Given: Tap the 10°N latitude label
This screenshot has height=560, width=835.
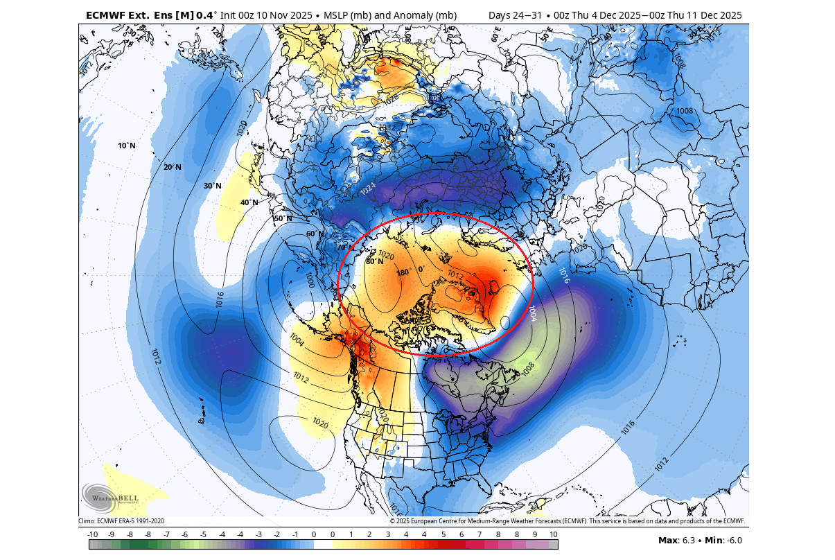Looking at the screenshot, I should click(127, 146).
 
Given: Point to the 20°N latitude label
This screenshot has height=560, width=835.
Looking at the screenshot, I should click(172, 167).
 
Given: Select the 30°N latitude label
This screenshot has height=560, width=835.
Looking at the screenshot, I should click(213, 186).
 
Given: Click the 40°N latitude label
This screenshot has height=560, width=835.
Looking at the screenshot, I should click(249, 202).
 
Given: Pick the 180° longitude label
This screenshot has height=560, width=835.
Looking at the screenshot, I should click(403, 272).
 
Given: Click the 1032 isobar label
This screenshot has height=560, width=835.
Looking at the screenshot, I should click(387, 128).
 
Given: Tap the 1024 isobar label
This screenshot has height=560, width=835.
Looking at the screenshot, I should click(367, 188).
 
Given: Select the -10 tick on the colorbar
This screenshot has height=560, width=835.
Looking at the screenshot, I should click(93, 534).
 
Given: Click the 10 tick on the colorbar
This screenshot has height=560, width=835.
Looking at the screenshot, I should click(553, 534).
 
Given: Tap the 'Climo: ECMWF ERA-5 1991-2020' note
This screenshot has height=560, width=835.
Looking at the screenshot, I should click(121, 521).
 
